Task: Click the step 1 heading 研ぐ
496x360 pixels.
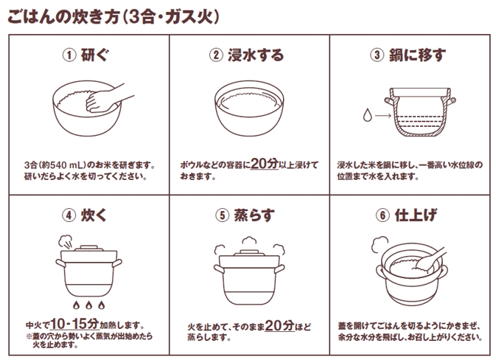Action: [x=97, y=55]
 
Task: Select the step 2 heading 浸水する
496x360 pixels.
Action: [x=258, y=55]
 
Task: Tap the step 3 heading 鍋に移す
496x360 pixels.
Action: [x=418, y=55]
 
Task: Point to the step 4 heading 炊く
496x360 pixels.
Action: [x=97, y=215]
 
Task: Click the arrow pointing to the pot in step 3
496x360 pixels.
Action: [x=383, y=116]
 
